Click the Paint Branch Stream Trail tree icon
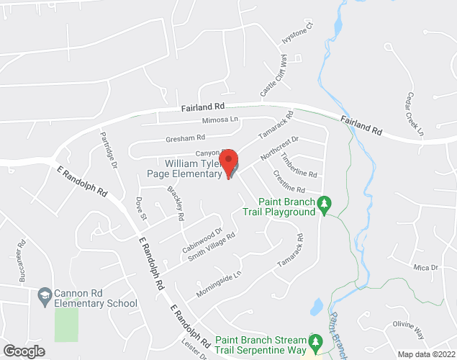pyautogui.click(x=315, y=339)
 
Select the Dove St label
pyautogui.click(x=141, y=207)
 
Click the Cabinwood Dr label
pyautogui.click(x=203, y=240)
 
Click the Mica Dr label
pyautogui.click(x=426, y=267)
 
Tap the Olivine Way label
pyautogui.click(x=410, y=329)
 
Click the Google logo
pyautogui.click(x=23, y=351)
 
